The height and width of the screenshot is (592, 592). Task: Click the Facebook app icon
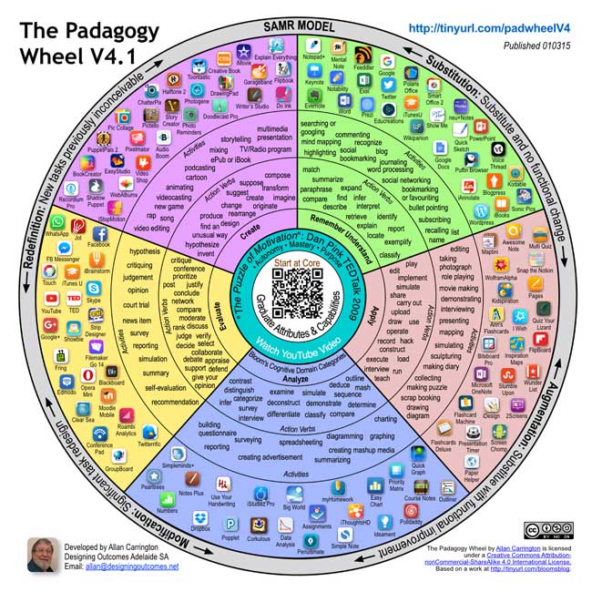[x=97, y=232]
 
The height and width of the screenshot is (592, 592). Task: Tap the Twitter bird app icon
[x=389, y=82]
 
